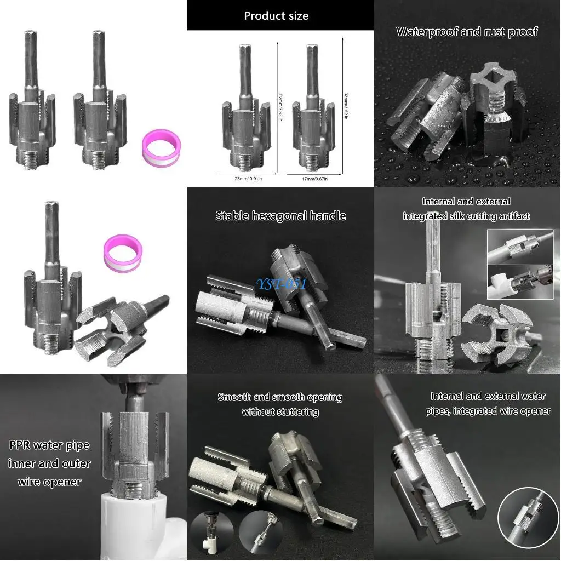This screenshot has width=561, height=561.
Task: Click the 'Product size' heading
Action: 276,15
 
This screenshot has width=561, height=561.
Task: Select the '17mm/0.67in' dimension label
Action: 314,178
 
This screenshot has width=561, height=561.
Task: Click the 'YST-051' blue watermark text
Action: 282,284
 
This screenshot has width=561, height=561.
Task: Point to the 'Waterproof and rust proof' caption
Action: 467,32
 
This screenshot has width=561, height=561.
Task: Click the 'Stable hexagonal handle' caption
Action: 280,216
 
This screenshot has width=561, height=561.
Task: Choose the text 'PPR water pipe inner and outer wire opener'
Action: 49,463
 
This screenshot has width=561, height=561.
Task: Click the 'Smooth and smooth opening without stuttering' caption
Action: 280,404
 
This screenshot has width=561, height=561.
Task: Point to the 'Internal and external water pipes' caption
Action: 488,403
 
